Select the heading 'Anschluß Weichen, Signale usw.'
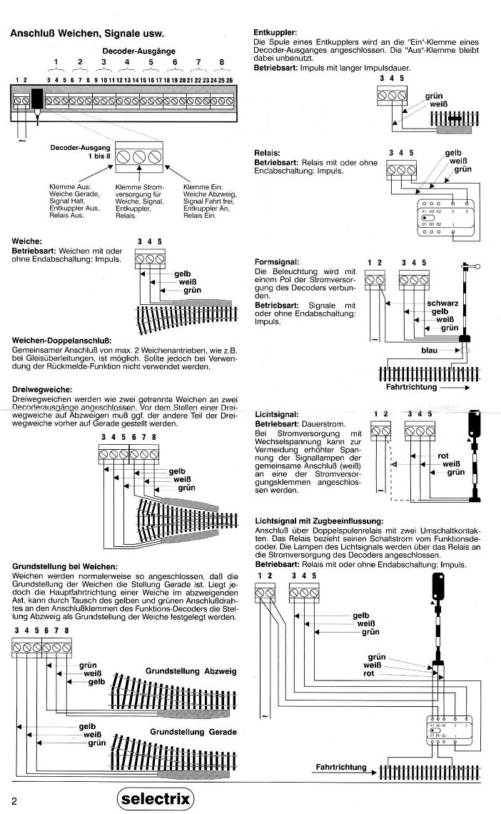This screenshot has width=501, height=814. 87,33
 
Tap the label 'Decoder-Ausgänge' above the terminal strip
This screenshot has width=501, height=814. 138,51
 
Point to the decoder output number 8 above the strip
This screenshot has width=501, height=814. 222,62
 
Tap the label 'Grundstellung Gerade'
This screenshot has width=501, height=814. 193,732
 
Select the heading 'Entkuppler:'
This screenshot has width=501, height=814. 275,33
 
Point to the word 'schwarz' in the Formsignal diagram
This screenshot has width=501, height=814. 442,303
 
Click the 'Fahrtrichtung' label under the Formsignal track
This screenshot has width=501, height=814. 410,386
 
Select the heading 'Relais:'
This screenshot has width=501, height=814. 267,153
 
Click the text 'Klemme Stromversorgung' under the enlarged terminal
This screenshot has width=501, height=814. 139,190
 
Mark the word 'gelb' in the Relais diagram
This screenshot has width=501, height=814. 453,153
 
